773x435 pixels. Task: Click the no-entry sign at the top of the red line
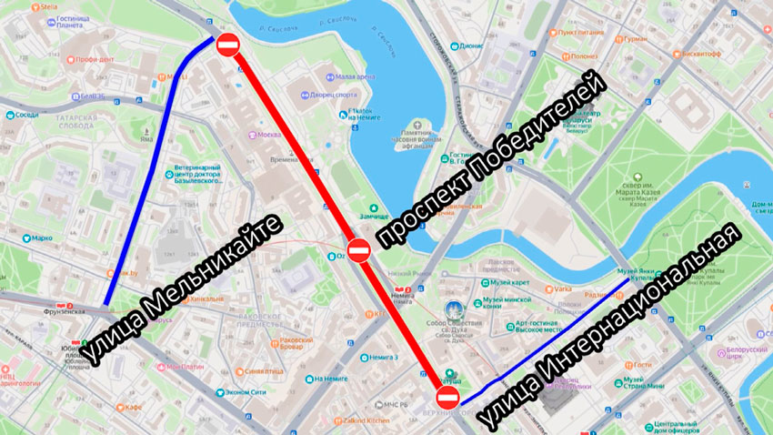pyautogui.click(x=227, y=43)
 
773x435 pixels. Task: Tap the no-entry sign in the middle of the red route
pyautogui.click(x=358, y=250)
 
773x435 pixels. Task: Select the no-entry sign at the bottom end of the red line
pyautogui.click(x=447, y=398)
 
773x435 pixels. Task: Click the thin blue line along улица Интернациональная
pyautogui.click(x=546, y=341)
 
